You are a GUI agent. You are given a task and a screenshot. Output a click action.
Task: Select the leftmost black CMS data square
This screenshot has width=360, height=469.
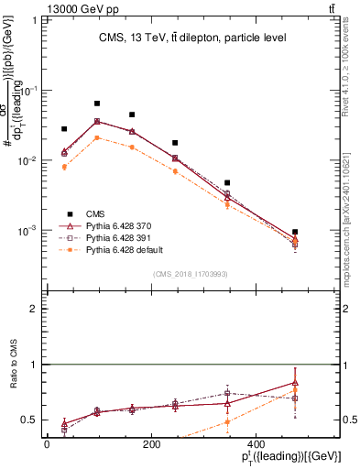(64, 129)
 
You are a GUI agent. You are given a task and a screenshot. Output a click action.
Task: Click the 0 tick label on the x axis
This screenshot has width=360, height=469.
(47, 443)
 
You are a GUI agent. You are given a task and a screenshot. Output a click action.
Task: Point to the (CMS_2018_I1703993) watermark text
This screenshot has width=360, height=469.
(192, 274)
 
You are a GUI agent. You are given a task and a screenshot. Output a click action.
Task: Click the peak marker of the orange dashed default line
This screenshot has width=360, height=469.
(97, 137)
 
